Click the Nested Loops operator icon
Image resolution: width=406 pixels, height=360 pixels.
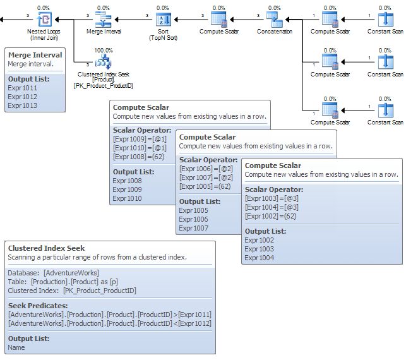[44, 19]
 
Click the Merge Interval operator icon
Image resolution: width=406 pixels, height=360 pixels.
[103, 19]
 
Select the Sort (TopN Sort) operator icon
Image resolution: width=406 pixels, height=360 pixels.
[162, 19]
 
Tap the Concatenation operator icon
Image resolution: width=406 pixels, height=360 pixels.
[273, 19]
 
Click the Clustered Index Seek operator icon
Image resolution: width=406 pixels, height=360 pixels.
[103, 62]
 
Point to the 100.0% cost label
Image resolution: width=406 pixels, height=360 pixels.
[103, 50]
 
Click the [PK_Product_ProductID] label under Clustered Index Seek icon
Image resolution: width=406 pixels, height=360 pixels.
[103, 85]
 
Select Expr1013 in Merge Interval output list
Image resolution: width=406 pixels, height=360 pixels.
[22, 106]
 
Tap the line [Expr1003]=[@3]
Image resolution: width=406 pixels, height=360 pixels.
[270, 198]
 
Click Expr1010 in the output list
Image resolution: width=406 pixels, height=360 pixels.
[127, 198]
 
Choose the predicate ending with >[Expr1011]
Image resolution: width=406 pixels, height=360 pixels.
[109, 315]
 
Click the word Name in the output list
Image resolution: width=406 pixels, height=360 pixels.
[16, 347]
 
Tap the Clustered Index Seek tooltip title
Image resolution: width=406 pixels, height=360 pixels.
[46, 248]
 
